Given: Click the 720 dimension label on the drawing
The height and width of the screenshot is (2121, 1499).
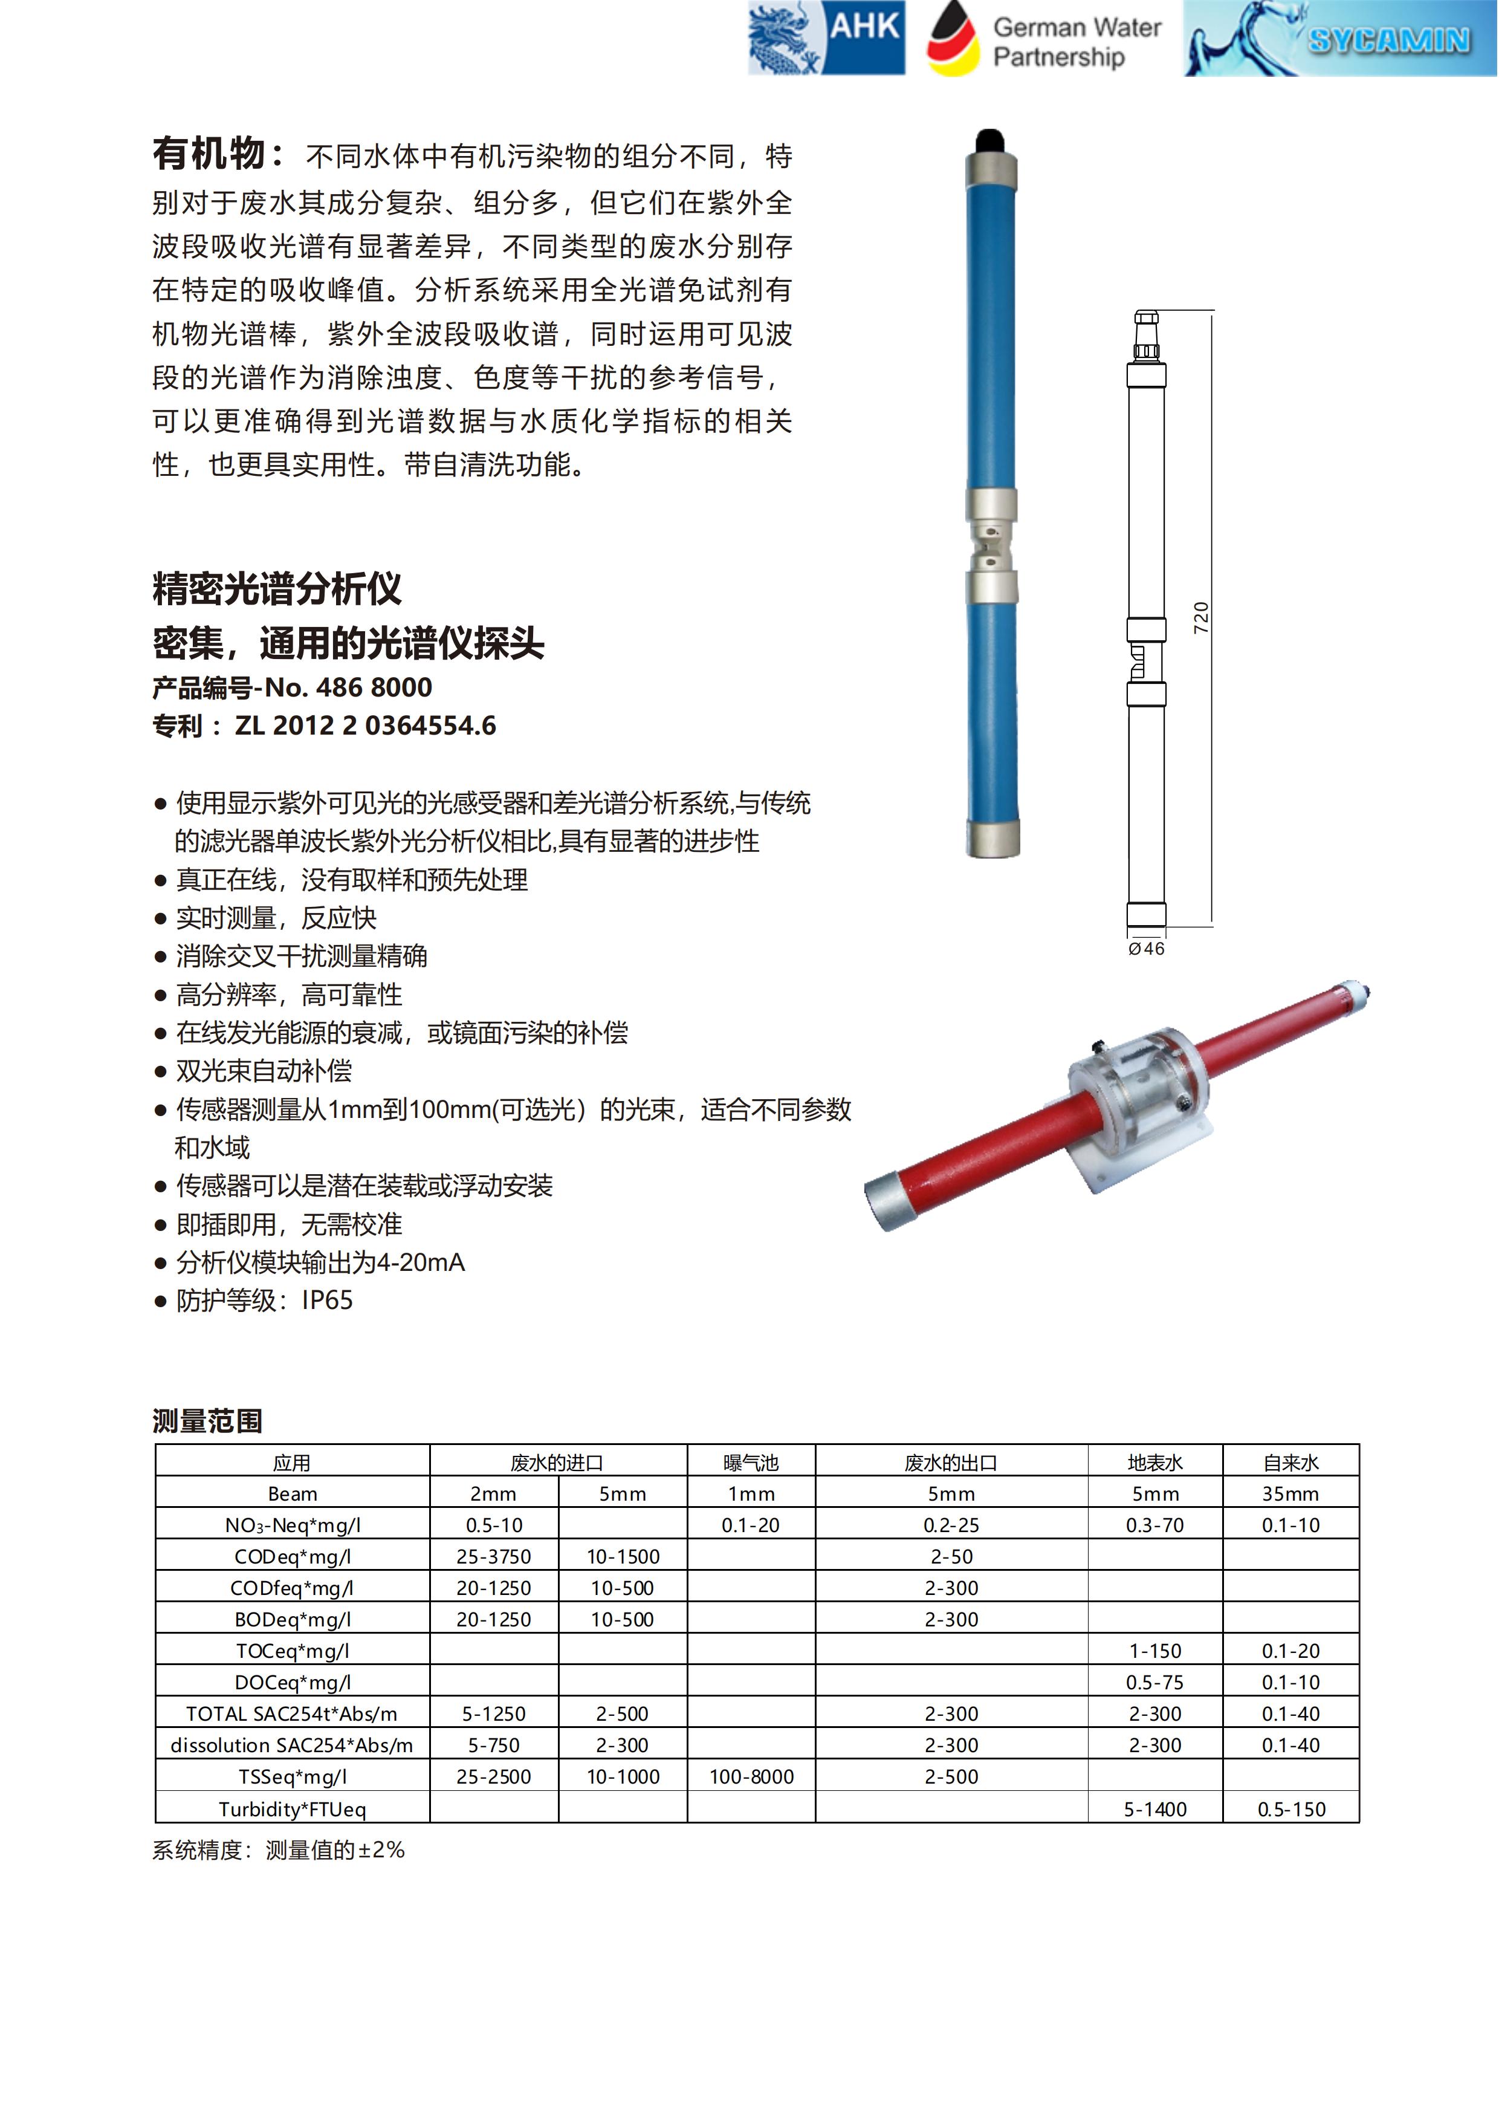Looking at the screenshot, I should (x=1200, y=617).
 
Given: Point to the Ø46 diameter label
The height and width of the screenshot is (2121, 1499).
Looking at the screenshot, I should (x=1146, y=949).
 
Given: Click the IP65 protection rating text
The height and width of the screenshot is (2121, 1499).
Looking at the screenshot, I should (x=327, y=1301).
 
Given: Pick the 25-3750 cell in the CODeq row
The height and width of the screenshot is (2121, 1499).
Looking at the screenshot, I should (x=493, y=1556).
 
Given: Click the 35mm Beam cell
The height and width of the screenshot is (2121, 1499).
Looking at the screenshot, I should (x=1290, y=1494).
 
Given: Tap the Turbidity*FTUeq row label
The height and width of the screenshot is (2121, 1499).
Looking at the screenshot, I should (x=292, y=1809).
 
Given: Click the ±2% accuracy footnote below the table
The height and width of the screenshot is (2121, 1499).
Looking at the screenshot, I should (x=381, y=1850).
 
